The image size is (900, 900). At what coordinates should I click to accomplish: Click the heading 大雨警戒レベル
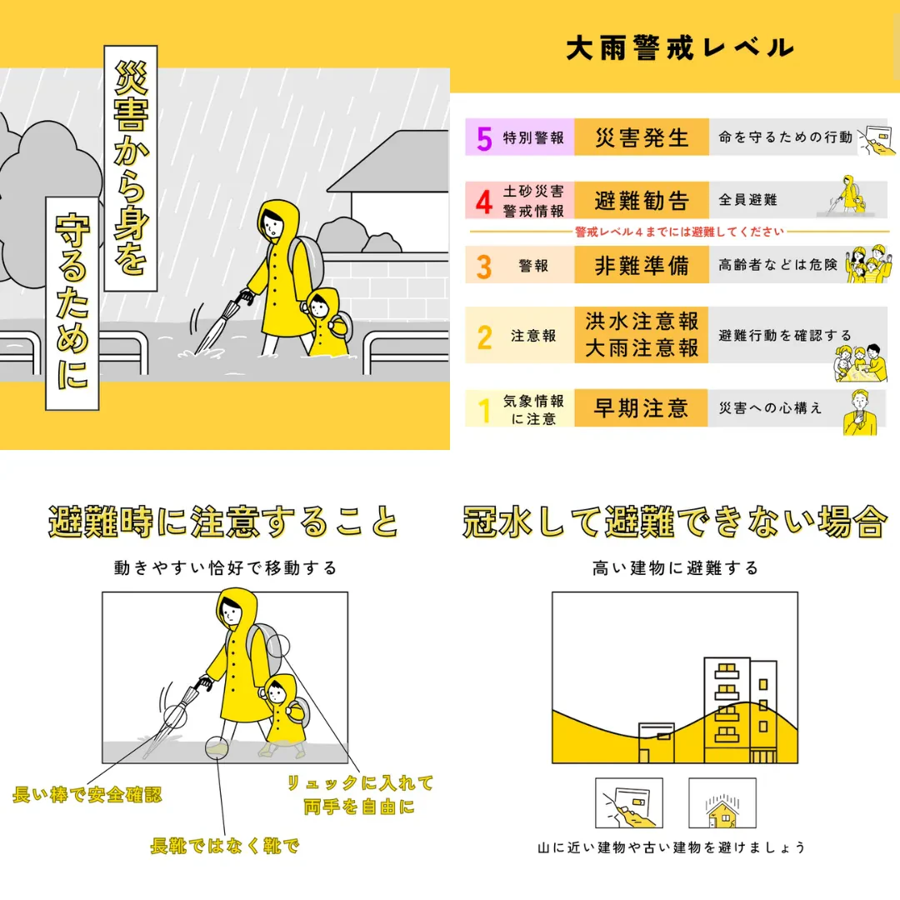click(x=680, y=47)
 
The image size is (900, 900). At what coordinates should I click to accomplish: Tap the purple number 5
click(x=484, y=137)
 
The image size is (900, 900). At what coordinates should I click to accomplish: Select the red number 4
click(x=484, y=201)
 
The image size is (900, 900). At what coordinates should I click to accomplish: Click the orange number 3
click(x=484, y=266)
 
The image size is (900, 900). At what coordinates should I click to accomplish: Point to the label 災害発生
click(x=642, y=137)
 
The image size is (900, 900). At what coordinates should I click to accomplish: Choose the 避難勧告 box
click(x=642, y=200)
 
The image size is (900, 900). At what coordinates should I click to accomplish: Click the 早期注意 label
click(x=641, y=408)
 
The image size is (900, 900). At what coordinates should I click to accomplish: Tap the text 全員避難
click(x=747, y=200)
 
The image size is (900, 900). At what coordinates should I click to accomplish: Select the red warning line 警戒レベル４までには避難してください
click(x=680, y=232)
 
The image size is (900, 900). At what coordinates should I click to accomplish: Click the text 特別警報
click(x=533, y=137)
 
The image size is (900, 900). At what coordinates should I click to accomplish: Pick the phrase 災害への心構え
click(x=770, y=408)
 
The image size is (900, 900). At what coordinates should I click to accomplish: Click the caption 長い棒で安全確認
click(x=87, y=795)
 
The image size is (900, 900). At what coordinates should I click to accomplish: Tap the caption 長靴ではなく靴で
click(x=224, y=846)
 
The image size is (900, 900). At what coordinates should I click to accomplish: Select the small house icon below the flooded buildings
click(x=722, y=803)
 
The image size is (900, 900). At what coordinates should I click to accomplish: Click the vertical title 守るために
click(x=72, y=303)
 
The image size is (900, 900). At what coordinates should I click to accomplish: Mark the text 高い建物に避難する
click(x=675, y=568)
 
